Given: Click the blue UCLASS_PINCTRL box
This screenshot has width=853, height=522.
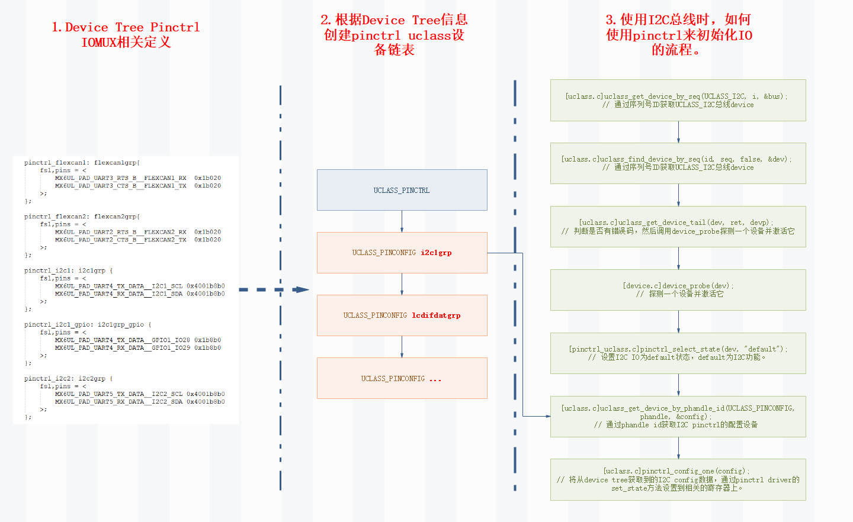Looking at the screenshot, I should (402, 190).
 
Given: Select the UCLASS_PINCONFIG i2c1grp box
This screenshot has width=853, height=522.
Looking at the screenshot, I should (402, 253).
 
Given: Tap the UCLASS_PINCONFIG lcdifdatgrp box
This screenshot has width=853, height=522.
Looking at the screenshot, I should (402, 315).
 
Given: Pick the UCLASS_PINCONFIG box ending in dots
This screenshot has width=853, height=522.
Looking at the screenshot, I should (402, 378).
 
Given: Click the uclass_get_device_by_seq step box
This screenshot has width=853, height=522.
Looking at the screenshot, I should (678, 100).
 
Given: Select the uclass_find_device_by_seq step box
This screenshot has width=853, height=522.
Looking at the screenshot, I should (678, 163).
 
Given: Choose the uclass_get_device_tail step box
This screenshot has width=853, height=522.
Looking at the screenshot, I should (678, 227).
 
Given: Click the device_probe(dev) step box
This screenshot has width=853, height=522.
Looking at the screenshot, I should (678, 290).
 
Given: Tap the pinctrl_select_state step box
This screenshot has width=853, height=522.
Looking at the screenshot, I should (678, 353).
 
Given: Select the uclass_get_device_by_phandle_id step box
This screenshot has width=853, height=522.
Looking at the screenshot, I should (678, 417).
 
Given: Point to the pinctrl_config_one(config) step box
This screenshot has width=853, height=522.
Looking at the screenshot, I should (678, 479).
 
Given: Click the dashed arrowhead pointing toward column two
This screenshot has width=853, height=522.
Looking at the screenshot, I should (302, 289).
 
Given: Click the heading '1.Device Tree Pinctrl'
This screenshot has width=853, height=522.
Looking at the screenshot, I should (126, 27).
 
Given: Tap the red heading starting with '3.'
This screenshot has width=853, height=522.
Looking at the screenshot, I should (678, 34).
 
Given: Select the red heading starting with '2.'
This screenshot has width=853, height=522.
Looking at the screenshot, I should (394, 34).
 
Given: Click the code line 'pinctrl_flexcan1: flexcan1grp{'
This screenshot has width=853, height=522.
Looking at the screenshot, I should (82, 162).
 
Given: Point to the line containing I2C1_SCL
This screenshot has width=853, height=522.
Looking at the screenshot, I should (140, 286).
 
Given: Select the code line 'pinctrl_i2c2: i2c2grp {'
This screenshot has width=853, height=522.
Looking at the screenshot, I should (68, 378).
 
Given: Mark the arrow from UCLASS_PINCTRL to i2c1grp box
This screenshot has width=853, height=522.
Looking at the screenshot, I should (402, 222).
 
